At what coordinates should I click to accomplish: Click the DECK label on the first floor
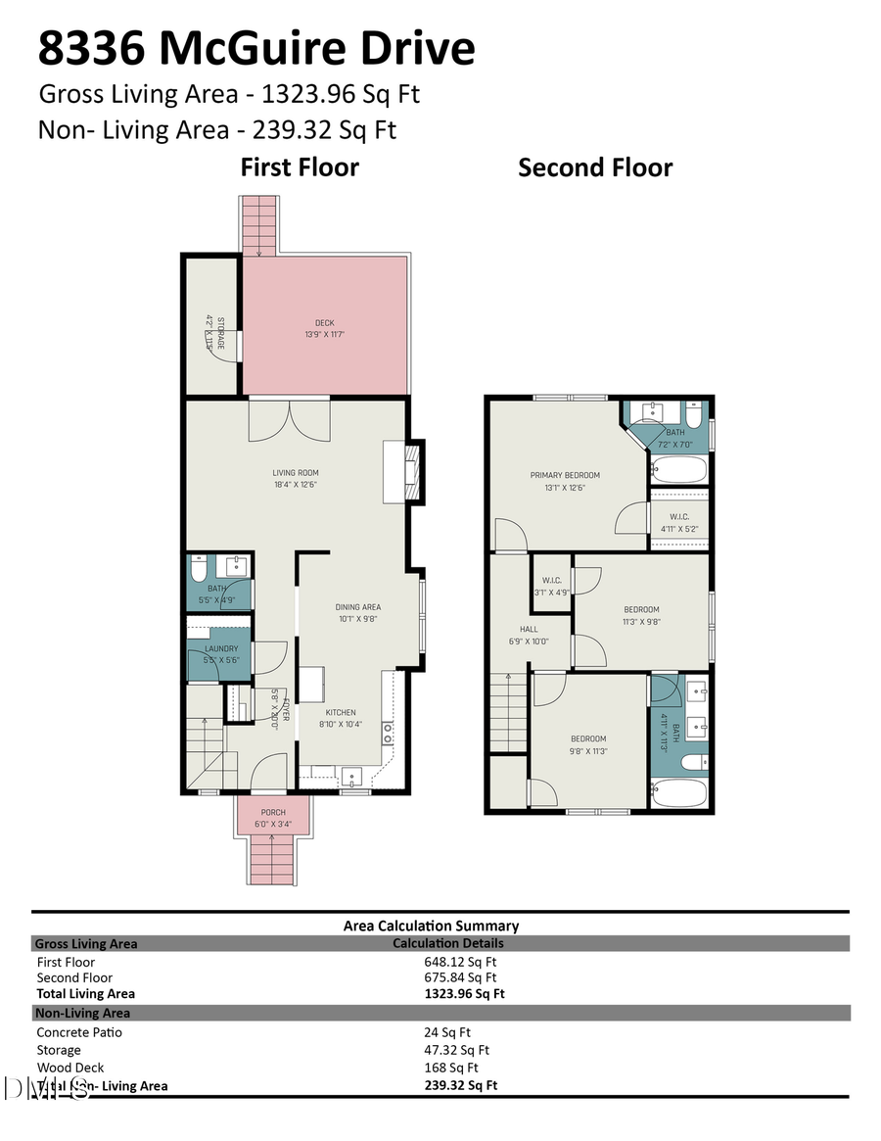pos(324,322)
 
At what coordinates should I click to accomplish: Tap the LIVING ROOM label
pos(296,473)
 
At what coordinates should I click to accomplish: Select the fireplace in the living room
pos(412,471)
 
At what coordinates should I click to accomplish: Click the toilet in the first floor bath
pos(200,568)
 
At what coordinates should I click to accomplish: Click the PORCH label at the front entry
pos(273,812)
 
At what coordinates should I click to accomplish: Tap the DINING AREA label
pos(357,607)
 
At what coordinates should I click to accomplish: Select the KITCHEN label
pos(340,712)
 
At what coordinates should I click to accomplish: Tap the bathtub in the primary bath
pos(678,470)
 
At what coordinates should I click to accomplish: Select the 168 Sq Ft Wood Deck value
pos(451,1068)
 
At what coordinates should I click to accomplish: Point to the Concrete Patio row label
pos(79,1032)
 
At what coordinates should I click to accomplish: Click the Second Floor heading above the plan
pos(595,167)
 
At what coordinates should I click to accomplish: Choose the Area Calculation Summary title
pos(431,926)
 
